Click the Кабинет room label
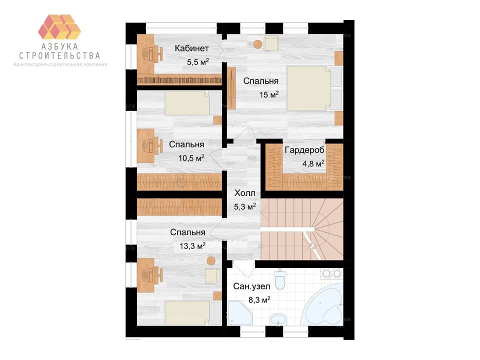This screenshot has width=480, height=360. click(x=192, y=48)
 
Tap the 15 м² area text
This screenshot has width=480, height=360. click(x=269, y=94)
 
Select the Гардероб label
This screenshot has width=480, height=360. click(x=304, y=150)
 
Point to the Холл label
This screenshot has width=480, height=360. click(x=244, y=193)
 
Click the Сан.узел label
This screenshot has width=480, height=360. click(x=251, y=286)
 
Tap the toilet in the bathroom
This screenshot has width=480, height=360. click(x=280, y=279)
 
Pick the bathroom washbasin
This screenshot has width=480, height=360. click(x=278, y=319)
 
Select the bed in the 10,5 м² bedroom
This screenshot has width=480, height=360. click(x=193, y=103)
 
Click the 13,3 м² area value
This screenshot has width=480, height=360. click(x=192, y=246)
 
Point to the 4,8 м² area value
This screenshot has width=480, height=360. click(x=313, y=163)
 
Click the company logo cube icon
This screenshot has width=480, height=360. click(x=59, y=26)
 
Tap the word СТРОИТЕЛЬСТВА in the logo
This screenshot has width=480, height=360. click(x=59, y=55)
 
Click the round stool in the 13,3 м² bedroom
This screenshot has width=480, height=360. click(x=210, y=261)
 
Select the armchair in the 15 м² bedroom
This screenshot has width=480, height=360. click(x=271, y=43)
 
